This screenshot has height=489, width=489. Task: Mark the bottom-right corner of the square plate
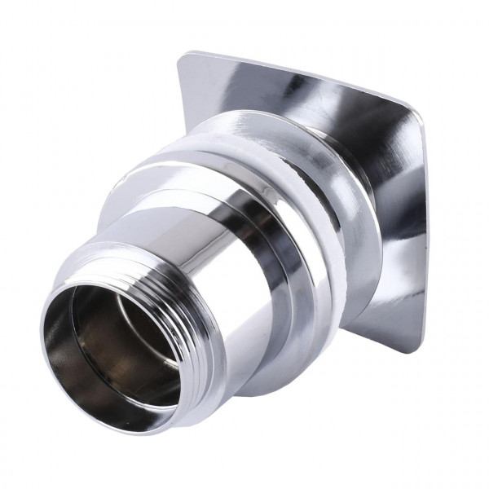coord(407,346)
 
